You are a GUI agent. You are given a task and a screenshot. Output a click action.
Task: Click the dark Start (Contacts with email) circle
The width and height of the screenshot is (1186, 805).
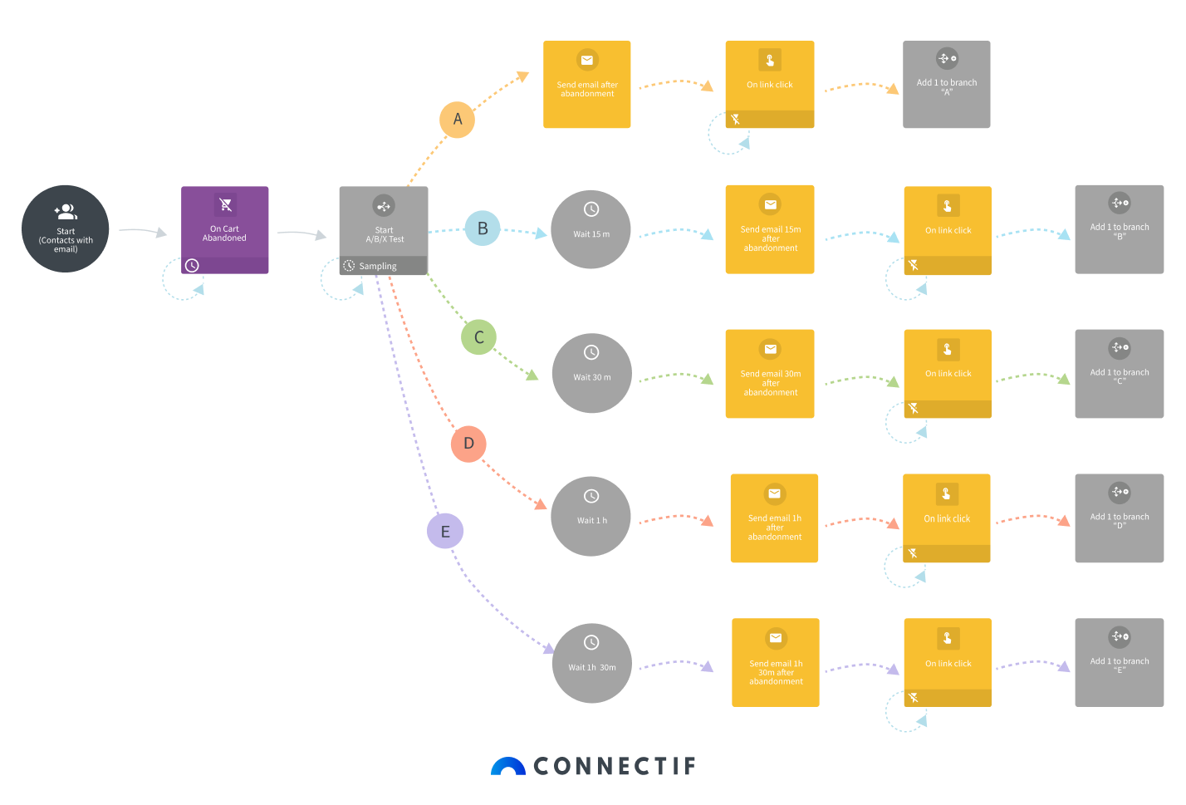66,228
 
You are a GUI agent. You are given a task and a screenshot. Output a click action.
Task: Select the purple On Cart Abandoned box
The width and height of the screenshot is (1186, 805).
224,224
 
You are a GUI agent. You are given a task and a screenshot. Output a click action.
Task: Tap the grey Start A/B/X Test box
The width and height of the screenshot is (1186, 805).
384,222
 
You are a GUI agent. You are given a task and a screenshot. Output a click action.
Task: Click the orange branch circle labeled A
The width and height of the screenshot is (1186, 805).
457,120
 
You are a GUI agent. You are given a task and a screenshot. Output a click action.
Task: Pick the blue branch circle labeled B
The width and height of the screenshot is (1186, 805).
483,228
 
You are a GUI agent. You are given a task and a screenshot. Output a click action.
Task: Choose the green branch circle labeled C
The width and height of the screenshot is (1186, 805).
478,337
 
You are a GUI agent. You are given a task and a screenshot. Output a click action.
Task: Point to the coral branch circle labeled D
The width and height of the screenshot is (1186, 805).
468,444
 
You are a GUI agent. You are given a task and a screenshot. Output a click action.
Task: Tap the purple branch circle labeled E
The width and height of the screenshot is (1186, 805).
445,532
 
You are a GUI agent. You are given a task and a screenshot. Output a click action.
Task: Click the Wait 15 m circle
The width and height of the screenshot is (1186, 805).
591,229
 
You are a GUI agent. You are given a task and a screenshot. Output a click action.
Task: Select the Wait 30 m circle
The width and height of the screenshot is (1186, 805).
591,373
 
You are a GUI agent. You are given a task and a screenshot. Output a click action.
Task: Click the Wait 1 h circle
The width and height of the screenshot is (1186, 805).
591,517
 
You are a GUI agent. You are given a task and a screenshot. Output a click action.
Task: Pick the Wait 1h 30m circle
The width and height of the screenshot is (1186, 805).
592,663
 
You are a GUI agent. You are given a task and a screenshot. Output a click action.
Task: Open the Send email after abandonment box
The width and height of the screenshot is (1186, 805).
587,85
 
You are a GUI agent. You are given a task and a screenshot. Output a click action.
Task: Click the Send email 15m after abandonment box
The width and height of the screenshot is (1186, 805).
770,229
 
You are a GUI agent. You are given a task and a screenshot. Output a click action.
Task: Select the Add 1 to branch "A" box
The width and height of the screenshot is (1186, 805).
947,85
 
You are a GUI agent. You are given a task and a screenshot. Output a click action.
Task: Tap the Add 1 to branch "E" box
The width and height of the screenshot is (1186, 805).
1120,663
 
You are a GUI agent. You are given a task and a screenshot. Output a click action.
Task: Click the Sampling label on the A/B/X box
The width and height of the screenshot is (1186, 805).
378,267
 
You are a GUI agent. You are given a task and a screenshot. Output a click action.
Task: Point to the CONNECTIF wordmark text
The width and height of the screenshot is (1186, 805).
615,766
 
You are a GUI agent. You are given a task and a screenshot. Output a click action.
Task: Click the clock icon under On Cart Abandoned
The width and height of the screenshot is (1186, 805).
192,266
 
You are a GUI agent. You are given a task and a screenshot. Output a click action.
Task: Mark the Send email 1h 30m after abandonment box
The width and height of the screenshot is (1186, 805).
776,663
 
